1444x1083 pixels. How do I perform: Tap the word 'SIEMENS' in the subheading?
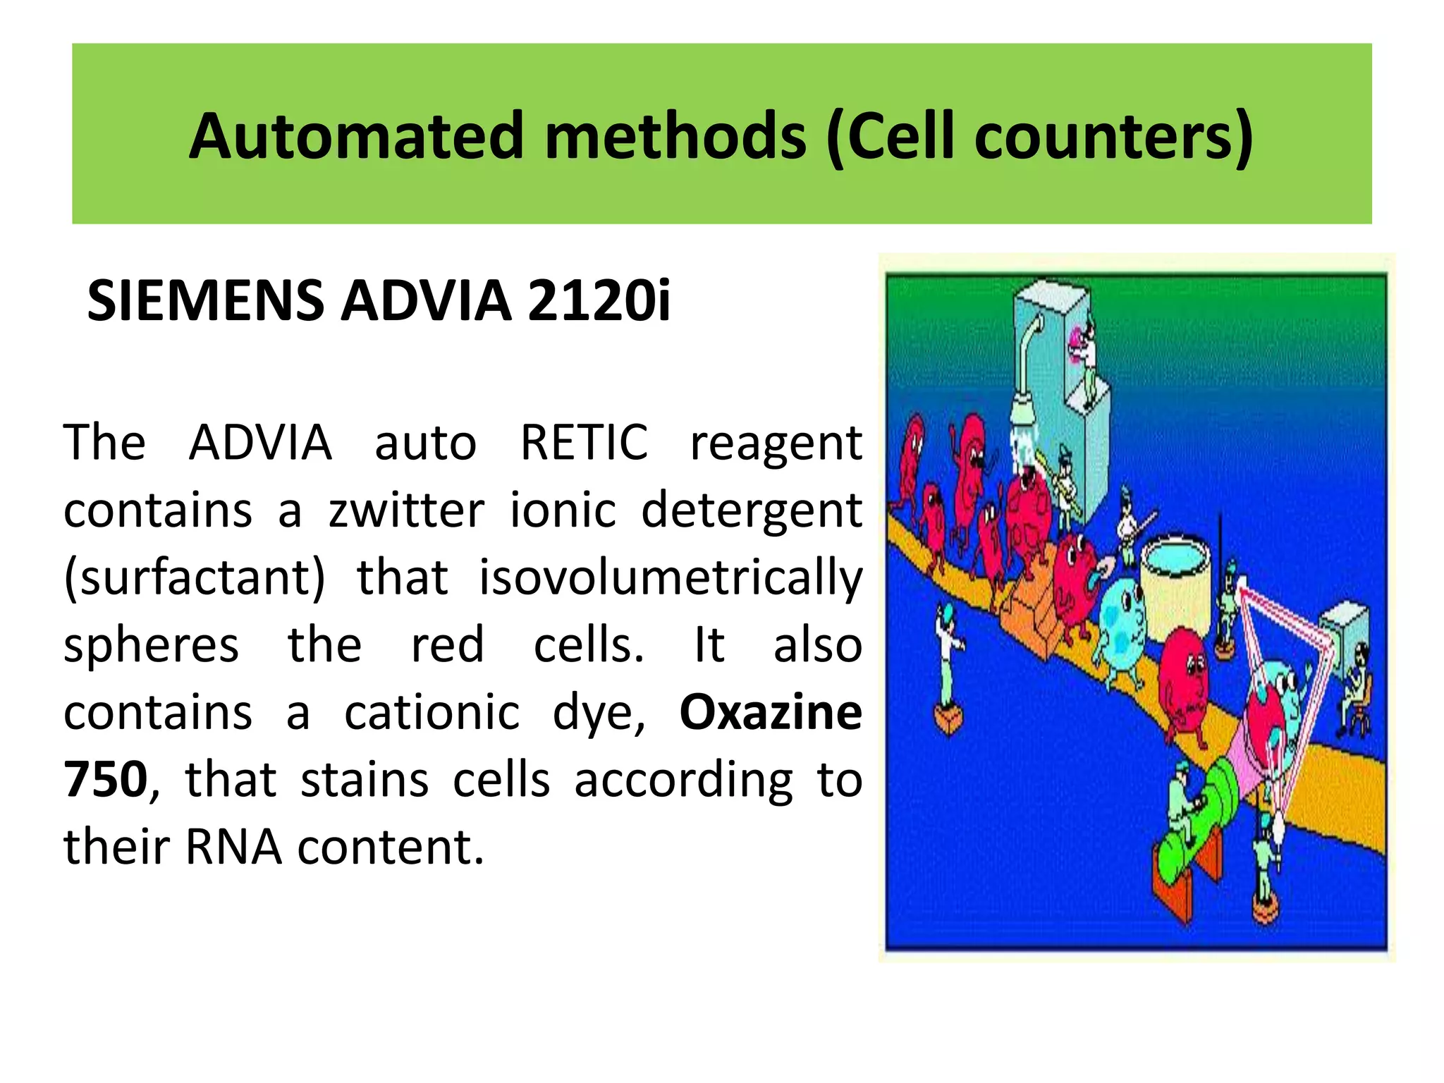pyautogui.click(x=205, y=301)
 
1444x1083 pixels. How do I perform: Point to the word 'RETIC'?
pyautogui.click(x=584, y=443)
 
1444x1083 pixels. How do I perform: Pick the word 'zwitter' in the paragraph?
pyautogui.click(x=407, y=510)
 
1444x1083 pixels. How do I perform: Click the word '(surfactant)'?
pyautogui.click(x=195, y=577)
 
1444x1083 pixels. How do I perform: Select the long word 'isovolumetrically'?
pyautogui.click(x=670, y=577)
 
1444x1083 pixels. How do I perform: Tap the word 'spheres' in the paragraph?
pyautogui.click(x=152, y=644)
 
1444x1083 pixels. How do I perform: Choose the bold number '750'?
pyautogui.click(x=106, y=779)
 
